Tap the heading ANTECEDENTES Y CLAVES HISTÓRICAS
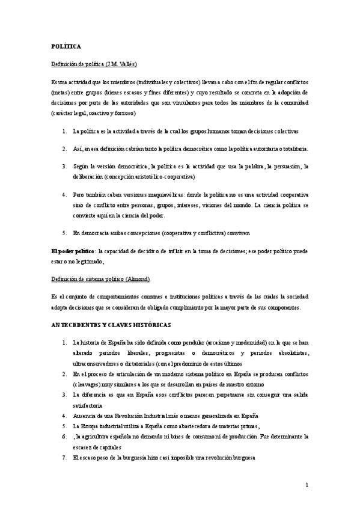[x=111, y=325]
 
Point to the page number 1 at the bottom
[x=307, y=485]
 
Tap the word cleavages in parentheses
[x=88, y=384]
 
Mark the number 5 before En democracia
[x=64, y=232]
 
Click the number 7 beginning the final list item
[x=64, y=457]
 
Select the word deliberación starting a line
[x=88, y=177]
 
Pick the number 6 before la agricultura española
[x=64, y=436]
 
